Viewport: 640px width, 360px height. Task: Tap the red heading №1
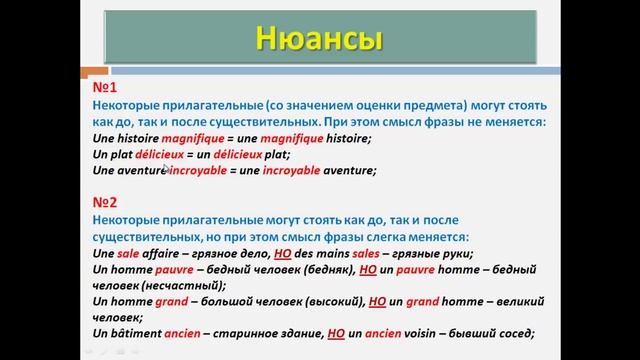click(103, 87)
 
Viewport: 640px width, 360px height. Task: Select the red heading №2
click(104, 201)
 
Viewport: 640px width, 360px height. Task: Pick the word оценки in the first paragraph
click(329, 104)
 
